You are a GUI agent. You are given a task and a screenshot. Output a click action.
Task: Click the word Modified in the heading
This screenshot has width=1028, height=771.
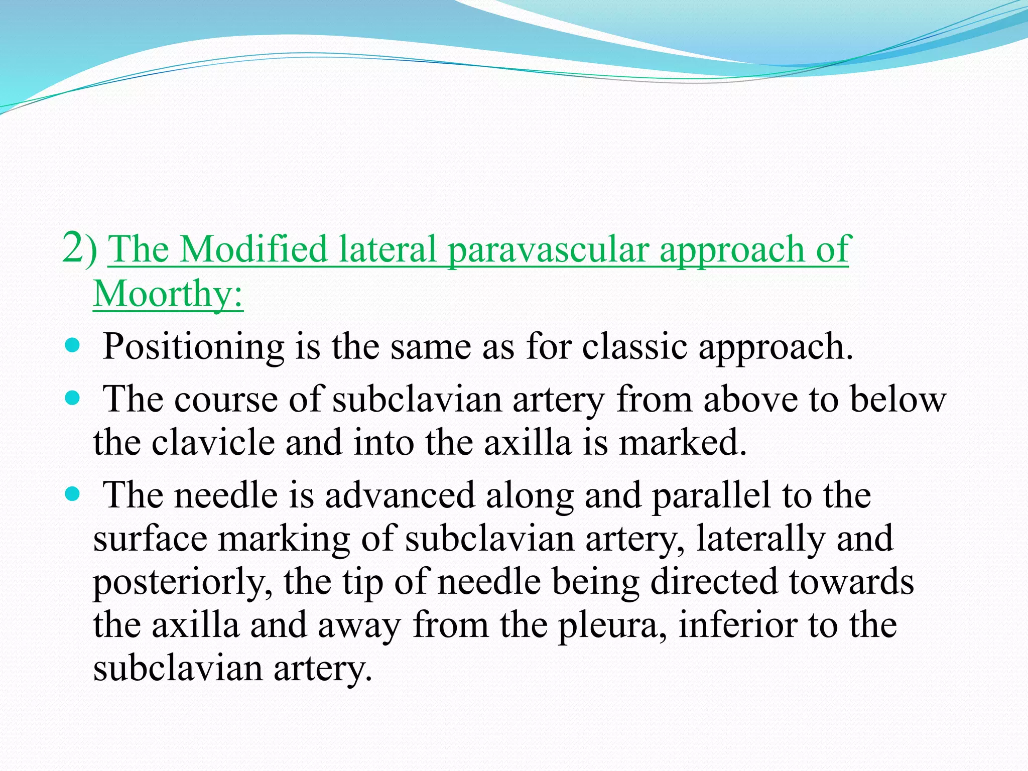click(x=253, y=249)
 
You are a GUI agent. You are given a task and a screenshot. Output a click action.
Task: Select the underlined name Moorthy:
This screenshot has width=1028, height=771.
click(x=168, y=294)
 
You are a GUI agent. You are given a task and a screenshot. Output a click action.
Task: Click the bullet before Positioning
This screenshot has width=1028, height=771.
click(x=73, y=345)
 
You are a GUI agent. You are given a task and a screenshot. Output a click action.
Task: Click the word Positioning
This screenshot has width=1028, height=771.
click(x=193, y=347)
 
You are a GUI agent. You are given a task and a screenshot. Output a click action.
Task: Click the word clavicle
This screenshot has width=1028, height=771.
click(x=213, y=443)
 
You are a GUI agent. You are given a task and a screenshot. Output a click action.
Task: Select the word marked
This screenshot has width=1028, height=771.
click(x=683, y=443)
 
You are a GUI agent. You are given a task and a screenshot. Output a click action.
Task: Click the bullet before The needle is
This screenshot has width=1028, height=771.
click(x=73, y=495)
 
